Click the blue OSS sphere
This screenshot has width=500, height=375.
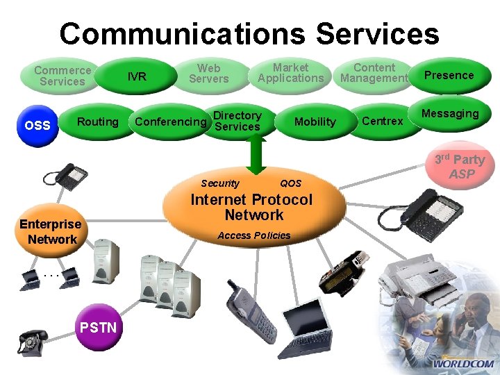(37, 125)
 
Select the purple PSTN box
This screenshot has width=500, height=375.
(99, 327)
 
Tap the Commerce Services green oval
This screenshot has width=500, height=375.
(62, 76)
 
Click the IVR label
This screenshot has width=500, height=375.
(137, 76)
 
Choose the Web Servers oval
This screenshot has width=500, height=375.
(208, 74)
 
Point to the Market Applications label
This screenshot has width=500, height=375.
(290, 73)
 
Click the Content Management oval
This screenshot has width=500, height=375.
(374, 73)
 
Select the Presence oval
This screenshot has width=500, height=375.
(449, 75)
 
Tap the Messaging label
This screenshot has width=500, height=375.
(451, 114)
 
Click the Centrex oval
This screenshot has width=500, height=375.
(383, 122)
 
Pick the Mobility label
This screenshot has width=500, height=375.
(315, 122)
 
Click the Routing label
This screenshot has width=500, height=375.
(97, 122)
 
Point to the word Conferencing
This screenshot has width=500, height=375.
(171, 122)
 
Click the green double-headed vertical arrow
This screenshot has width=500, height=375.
(255, 153)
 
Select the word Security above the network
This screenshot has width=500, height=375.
(219, 183)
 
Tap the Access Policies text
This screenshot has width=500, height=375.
(254, 235)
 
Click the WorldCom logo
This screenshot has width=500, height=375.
(463, 363)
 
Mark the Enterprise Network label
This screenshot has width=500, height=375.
(51, 232)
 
